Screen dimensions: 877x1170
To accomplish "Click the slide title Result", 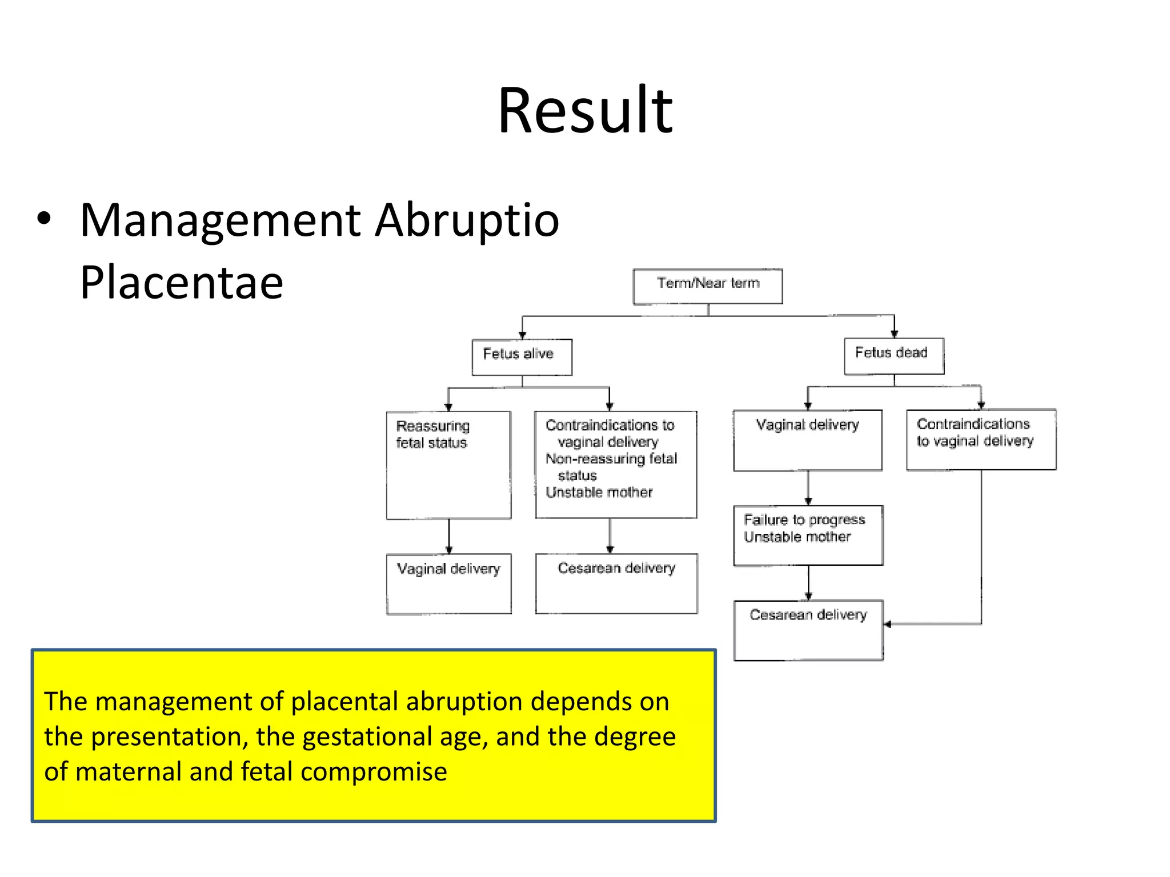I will [x=585, y=110].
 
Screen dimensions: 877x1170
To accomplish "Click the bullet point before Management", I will [x=44, y=219].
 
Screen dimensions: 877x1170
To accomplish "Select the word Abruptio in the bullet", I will [x=467, y=220].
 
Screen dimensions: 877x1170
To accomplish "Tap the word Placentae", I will [x=181, y=282].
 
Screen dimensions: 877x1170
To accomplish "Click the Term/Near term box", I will [x=707, y=286].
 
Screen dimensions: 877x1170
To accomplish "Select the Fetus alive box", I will [x=521, y=357].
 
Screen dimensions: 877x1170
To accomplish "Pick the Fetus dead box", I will [x=893, y=356].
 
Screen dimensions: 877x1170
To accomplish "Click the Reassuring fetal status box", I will [x=448, y=465].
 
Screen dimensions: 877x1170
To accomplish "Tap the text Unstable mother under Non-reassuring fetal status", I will [x=598, y=492].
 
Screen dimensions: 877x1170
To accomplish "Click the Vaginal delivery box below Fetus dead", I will [x=807, y=440].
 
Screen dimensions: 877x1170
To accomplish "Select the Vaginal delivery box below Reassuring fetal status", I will [x=448, y=583].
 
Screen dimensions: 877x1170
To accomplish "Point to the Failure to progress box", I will [x=808, y=534].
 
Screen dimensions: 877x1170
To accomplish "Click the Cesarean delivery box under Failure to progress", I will [x=808, y=629].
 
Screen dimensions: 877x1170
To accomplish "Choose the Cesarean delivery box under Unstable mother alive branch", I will [x=616, y=583].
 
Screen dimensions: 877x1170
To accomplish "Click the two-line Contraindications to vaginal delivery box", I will [x=980, y=439].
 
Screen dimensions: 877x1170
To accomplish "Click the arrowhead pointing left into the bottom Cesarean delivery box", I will [x=888, y=624].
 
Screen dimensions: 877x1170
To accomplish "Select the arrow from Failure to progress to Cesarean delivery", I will [x=808, y=582].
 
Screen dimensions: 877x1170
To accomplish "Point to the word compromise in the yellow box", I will [x=374, y=771].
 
